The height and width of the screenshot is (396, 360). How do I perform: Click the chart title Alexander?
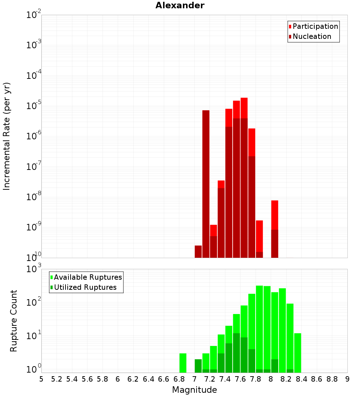point(180,5)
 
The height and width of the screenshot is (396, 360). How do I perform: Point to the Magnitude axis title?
point(194,390)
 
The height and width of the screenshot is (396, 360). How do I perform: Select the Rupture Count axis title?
point(14,321)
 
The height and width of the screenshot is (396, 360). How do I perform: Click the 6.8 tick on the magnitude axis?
point(179,379)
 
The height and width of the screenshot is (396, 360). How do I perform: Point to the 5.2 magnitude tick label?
point(57,379)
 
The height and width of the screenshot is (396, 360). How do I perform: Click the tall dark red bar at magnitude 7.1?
point(206,184)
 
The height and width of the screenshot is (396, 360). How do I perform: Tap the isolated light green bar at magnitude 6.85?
point(183,363)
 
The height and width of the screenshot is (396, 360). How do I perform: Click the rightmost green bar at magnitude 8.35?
point(298,353)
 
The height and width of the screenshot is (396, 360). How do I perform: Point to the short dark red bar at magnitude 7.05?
point(198,252)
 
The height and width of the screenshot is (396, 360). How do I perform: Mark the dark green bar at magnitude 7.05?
point(198,366)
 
